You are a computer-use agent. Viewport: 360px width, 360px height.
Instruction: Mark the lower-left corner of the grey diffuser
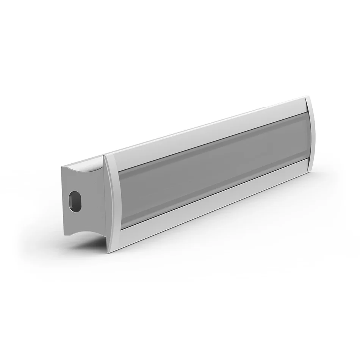(x=122, y=228)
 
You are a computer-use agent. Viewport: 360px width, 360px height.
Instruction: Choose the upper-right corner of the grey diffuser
(x=305, y=113)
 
